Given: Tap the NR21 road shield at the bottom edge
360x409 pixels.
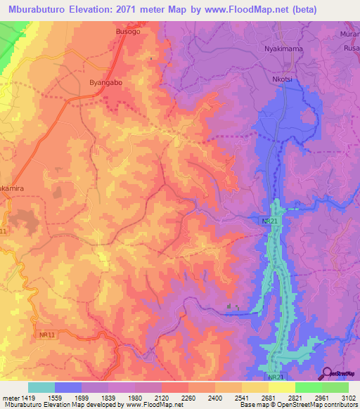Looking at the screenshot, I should pyautogui.click(x=277, y=377).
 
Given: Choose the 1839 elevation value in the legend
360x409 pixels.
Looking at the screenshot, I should pyautogui.click(x=108, y=397).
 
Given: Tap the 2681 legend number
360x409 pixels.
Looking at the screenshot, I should pyautogui.click(x=269, y=397).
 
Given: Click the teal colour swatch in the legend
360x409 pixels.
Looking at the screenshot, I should pyautogui.click(x=41, y=387).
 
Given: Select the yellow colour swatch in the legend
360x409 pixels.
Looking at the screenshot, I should pyautogui.click(x=281, y=387).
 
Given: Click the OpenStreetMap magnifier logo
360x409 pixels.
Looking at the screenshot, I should pyautogui.click(x=326, y=373).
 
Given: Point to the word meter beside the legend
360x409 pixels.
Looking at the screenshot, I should pyautogui.click(x=10, y=397).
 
